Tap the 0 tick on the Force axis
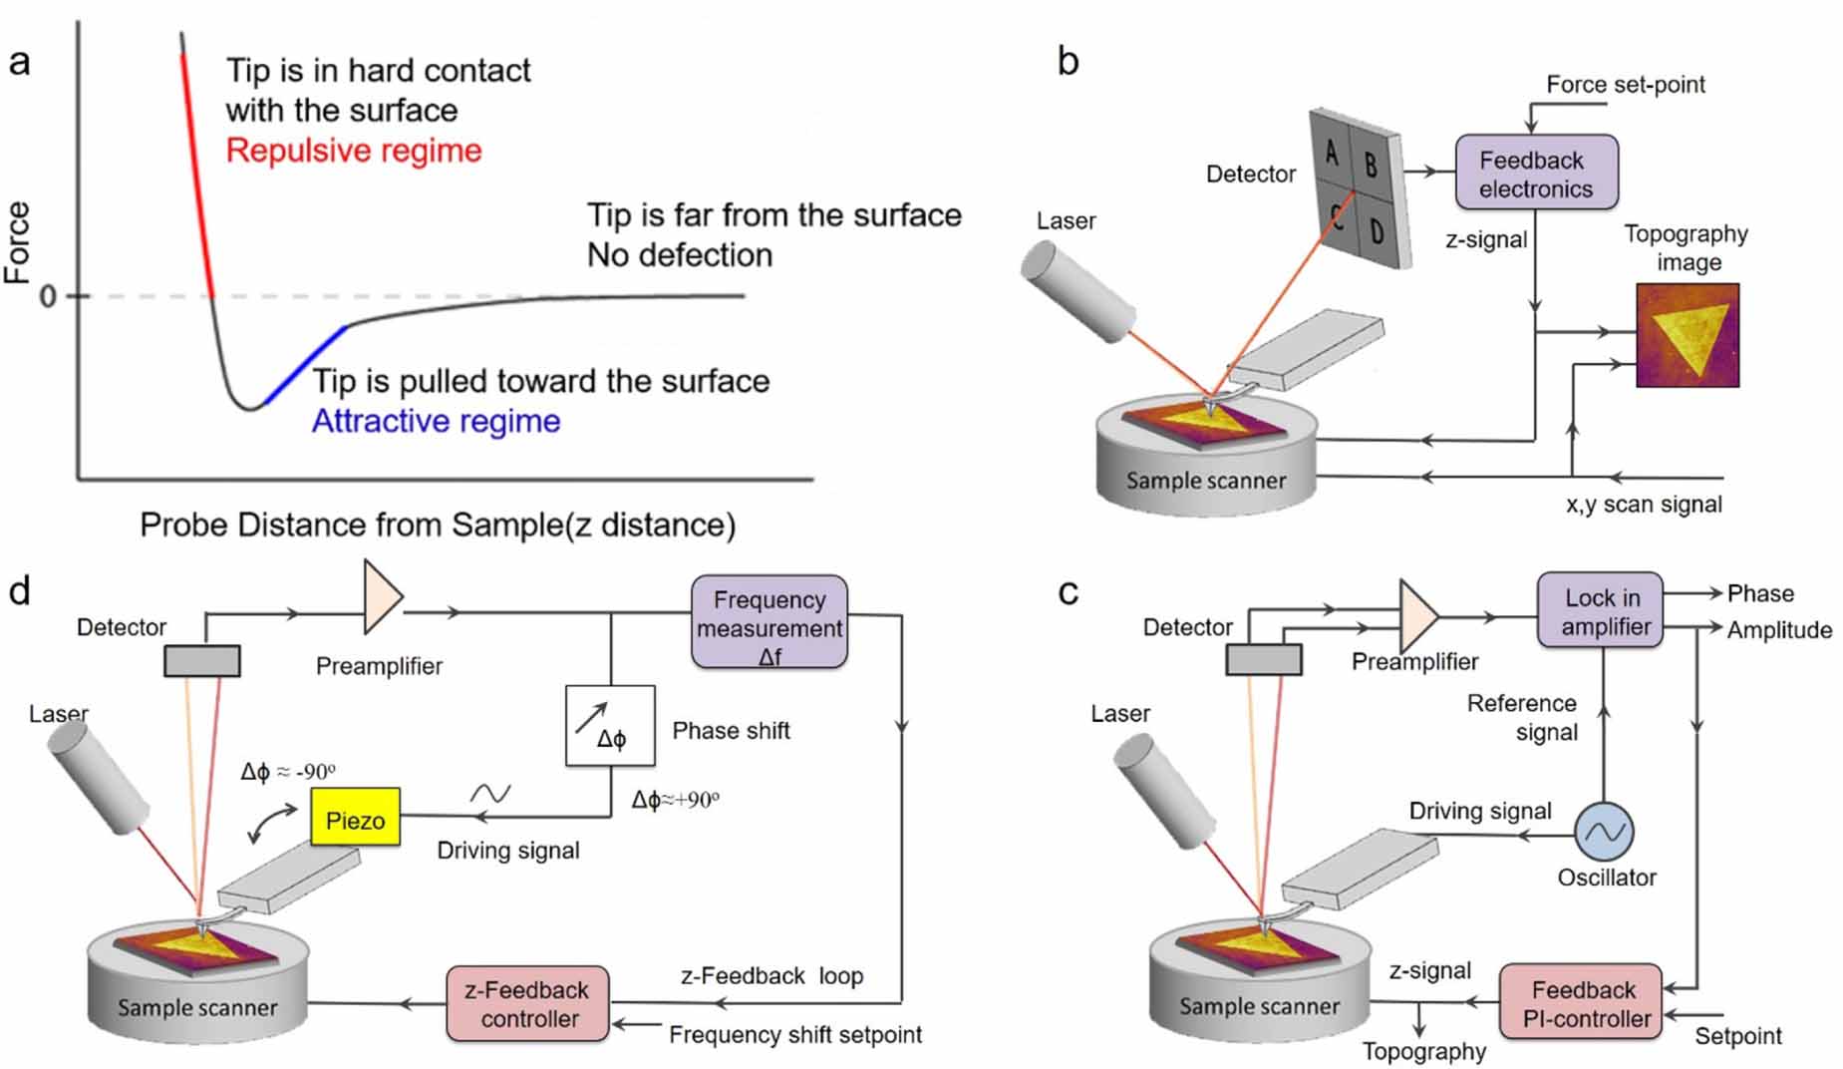47,296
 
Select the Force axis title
18,242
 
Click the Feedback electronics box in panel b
1535,174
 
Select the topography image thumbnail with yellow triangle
1687,335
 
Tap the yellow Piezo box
355,819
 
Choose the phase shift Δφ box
610,726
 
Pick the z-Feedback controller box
527,1003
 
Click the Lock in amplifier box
1599,610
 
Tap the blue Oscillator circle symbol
1603,831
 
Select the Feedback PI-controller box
1582,1002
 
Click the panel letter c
1068,592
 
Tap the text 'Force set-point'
1625,85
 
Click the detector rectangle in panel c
1263,659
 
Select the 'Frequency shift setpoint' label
794,1035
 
